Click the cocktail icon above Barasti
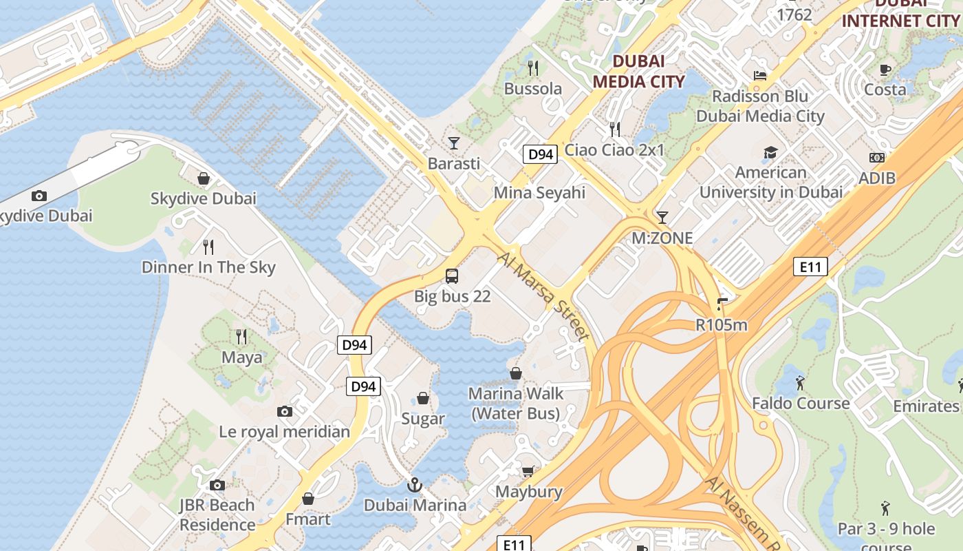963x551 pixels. point(453,143)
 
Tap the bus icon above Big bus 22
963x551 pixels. point(452,276)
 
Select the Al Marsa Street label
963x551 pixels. point(543,296)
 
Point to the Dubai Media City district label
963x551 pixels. point(638,71)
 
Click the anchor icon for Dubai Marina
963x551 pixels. point(414,485)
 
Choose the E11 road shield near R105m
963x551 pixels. point(810,267)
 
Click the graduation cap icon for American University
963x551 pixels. point(770,152)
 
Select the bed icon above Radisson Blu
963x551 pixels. point(759,76)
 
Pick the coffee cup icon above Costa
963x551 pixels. point(885,70)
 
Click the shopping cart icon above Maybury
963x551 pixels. point(528,472)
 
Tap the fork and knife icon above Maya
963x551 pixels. point(241,337)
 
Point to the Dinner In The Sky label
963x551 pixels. point(208,267)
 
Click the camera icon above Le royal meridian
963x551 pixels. point(285,412)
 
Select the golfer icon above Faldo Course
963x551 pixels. point(800,383)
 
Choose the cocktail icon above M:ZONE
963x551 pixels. point(662,218)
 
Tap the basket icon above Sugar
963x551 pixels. point(423,399)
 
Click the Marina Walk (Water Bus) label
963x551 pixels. point(516,404)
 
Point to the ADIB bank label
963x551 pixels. point(877,178)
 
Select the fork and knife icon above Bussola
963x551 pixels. point(532,67)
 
